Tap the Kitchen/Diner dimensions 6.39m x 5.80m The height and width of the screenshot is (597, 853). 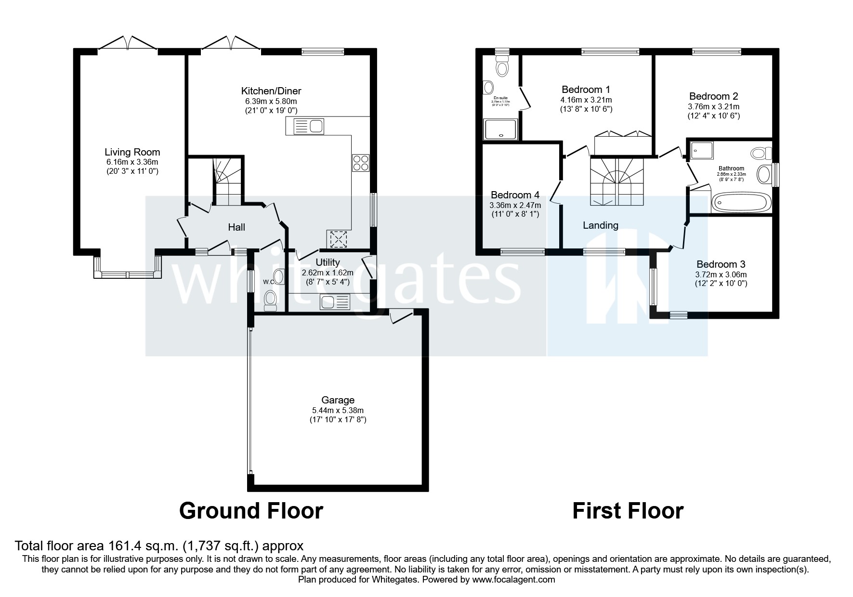tap(271, 101)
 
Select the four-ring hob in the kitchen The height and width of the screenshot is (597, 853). tap(361, 163)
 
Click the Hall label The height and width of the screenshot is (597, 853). tap(236, 227)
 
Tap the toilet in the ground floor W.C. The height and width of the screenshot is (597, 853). tap(270, 299)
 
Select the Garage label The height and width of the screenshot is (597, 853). tap(338, 400)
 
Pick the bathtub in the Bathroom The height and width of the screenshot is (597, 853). tap(740, 203)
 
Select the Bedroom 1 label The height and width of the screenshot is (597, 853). tap(586, 90)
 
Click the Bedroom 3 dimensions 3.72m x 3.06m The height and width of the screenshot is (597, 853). tap(721, 274)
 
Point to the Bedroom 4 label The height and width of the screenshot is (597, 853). tap(514, 195)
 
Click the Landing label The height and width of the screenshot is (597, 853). tap(600, 225)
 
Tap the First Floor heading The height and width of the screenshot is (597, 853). tap(627, 510)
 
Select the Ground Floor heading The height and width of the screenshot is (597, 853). tap(251, 510)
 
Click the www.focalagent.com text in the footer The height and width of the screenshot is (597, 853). tap(513, 580)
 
